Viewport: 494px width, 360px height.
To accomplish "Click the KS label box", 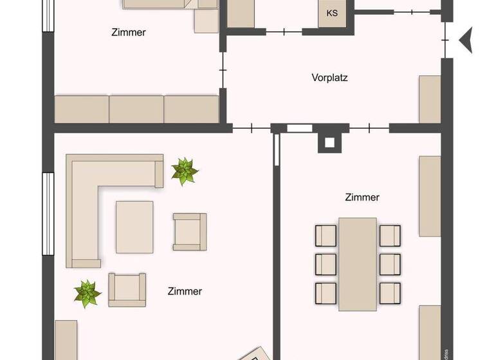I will coord(332,14).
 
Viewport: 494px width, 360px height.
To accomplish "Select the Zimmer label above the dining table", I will coord(361,197).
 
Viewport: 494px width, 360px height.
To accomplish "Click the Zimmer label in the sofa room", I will coord(185,291).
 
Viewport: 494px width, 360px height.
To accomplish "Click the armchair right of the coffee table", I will coord(189,231).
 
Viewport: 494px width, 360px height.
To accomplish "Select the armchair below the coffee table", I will coord(127,289).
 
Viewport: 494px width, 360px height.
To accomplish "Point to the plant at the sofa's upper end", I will coord(185,172).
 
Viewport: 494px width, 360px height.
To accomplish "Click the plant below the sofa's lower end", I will coord(87,293).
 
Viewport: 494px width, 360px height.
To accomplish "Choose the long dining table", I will coord(358,263).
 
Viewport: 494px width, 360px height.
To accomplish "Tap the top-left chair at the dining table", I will coord(326,235).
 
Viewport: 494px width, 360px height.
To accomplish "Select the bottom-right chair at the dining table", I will coord(390,292).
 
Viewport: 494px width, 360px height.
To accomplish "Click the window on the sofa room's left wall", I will coord(47,213).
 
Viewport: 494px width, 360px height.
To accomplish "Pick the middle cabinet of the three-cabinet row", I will coord(136,109).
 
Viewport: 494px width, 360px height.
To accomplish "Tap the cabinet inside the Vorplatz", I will coord(430,99).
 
